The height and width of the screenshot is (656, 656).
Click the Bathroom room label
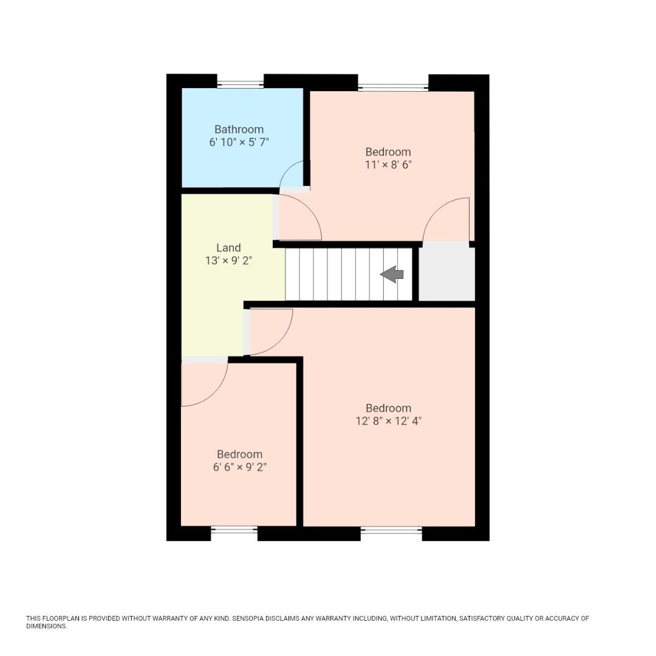(x=239, y=129)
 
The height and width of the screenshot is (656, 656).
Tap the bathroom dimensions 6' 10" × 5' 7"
(x=239, y=142)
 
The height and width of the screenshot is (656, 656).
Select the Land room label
(x=228, y=248)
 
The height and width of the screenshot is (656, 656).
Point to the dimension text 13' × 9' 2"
(x=228, y=261)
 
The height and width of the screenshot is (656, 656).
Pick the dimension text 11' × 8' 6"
(x=388, y=165)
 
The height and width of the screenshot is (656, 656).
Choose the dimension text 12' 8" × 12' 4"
(x=388, y=421)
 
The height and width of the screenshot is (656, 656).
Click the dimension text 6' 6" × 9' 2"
(x=239, y=467)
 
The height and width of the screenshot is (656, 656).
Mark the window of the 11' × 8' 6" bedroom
(x=393, y=87)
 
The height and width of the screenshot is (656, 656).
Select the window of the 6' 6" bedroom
(x=234, y=530)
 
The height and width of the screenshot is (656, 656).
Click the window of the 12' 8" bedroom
(x=391, y=530)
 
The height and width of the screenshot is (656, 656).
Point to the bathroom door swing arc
(x=292, y=175)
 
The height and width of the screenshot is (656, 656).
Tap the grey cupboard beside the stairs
(x=446, y=274)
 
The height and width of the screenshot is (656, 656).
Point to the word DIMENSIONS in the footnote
(x=46, y=626)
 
